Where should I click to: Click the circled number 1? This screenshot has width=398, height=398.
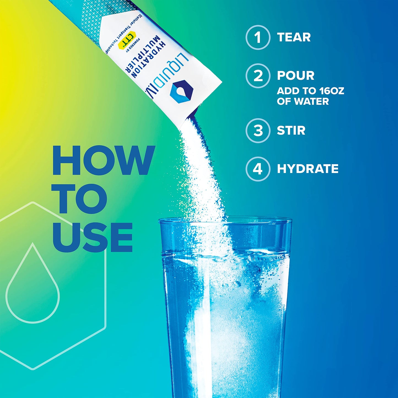click(258, 37)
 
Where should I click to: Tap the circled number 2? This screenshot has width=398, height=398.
click(258, 76)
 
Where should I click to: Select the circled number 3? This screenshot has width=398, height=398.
click(258, 131)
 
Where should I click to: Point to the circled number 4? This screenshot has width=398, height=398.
click(258, 169)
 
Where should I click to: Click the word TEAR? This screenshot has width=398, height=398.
click(294, 37)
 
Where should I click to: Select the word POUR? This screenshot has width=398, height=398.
click(296, 76)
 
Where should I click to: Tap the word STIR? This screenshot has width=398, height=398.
click(291, 131)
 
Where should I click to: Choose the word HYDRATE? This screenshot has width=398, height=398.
click(308, 169)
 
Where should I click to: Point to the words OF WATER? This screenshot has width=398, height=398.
click(303, 101)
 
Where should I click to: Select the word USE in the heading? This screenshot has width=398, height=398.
click(93, 237)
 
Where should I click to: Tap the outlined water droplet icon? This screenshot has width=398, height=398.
click(33, 286)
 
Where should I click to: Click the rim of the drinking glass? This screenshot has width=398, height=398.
click(225, 220)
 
